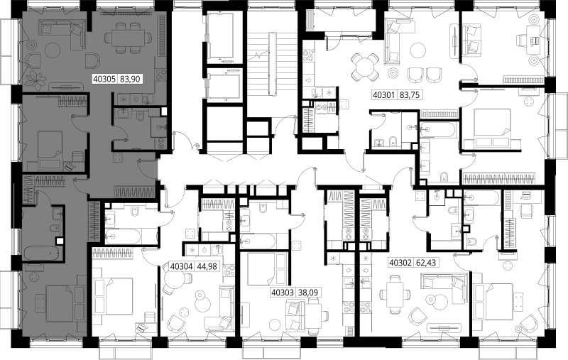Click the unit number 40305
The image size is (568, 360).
pos(104,79)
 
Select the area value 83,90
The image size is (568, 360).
pos(130,79)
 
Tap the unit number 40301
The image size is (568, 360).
pos(384,95)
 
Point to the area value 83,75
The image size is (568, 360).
pos(410,95)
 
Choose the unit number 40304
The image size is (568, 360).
pos(181,266)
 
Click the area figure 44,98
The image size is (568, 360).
pos(207,266)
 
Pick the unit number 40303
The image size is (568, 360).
pos(283,293)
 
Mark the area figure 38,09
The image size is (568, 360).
pos(308,293)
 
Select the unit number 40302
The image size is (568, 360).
pos(400,262)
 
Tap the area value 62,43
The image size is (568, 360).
pos(425,262)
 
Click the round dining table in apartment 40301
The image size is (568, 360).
pos(365,67)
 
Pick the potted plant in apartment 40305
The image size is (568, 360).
pos(36,80)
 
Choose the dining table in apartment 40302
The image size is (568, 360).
pos(395,295)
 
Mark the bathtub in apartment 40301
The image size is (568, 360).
pos(437,129)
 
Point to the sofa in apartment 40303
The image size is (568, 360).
pos(294,317)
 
